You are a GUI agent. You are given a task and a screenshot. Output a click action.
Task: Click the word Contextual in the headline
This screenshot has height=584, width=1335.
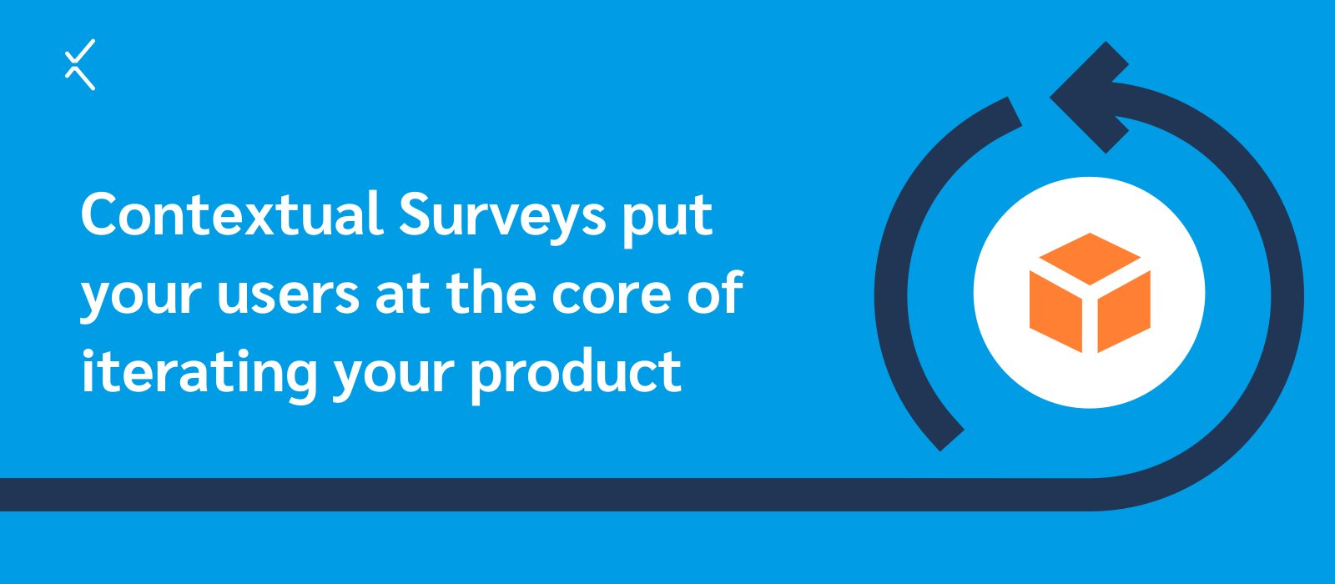(231, 214)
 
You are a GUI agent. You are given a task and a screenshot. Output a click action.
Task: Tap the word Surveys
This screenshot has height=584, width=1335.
(502, 214)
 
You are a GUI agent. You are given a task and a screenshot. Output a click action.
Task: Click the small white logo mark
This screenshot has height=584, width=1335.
(80, 64)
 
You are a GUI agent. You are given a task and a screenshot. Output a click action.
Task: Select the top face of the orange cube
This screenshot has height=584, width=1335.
(1089, 256)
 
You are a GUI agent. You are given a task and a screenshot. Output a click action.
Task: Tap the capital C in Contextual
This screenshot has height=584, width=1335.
(102, 214)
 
